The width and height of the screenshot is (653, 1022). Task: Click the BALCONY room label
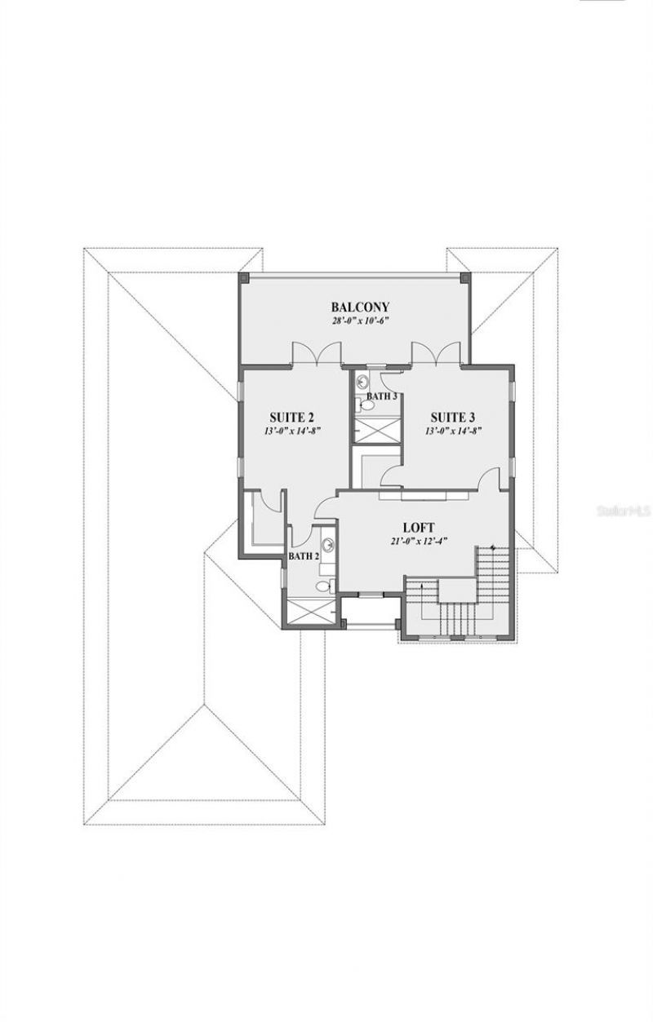click(x=359, y=307)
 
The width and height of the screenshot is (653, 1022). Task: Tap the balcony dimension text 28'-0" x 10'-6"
click(x=359, y=321)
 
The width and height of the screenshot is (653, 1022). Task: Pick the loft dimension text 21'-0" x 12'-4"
click(x=423, y=541)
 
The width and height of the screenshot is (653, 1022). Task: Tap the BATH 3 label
click(x=381, y=396)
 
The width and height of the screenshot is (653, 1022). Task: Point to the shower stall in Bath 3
click(x=375, y=430)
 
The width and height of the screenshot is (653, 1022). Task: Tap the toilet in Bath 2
click(x=324, y=585)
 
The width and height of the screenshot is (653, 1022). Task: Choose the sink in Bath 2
click(x=327, y=547)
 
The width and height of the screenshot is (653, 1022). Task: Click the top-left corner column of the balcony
click(x=242, y=277)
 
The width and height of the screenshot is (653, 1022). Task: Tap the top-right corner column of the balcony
click(x=465, y=277)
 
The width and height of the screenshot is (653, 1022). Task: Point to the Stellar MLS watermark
click(x=624, y=512)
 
